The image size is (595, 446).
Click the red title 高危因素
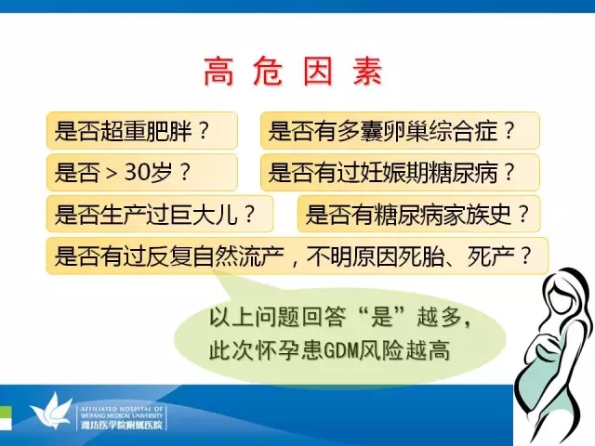coord(294,72)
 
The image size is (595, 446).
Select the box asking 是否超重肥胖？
coord(142,130)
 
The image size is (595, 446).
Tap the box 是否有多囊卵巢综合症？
coord(400,130)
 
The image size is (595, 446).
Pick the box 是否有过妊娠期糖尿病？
coord(400,172)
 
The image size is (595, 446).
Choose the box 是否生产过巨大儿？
coord(160,214)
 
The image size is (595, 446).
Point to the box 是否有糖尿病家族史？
coord(419,214)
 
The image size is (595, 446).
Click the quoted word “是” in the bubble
coord(381,317)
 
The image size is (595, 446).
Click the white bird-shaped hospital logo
coord(52,412)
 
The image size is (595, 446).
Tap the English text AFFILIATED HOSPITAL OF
coord(122,409)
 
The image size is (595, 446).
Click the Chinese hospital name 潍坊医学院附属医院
coord(122,426)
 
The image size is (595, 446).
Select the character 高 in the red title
coord(218,72)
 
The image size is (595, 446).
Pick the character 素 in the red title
coord(368,72)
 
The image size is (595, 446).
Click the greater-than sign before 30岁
coord(112,174)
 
